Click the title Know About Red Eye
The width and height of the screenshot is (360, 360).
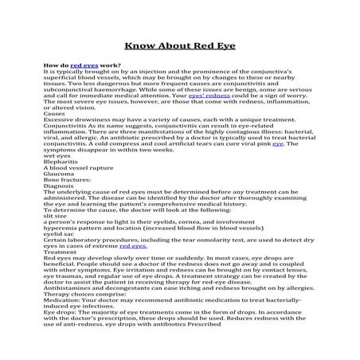click(179, 48)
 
